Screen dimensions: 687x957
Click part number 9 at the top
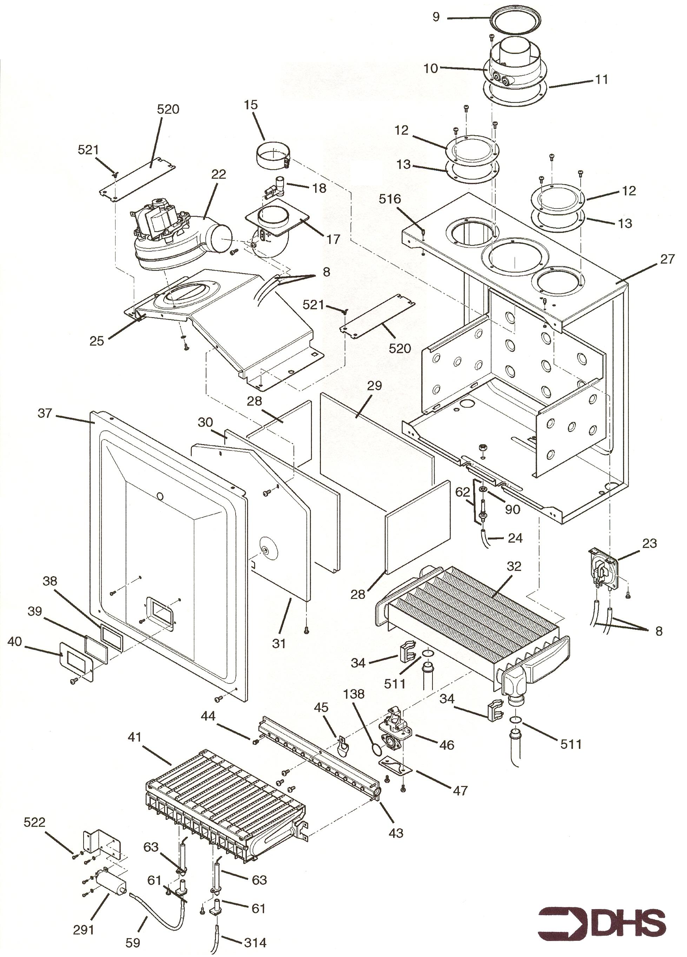pyautogui.click(x=436, y=17)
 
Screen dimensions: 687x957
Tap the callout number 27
pyautogui.click(x=667, y=259)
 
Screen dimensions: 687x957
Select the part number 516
pyautogui.click(x=390, y=199)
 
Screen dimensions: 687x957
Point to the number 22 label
pyautogui.click(x=219, y=174)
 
